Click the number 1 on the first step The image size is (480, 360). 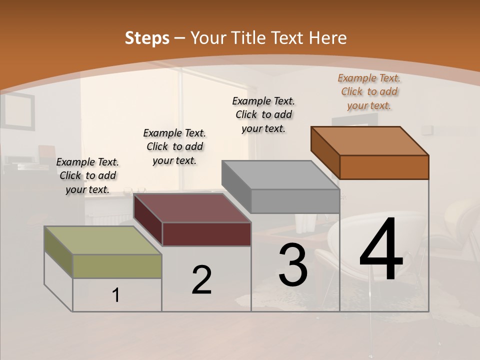click(116, 295)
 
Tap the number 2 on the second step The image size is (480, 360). click(201, 280)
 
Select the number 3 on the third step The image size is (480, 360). click(292, 264)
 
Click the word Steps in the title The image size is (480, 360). click(147, 38)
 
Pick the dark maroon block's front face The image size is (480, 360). click(206, 234)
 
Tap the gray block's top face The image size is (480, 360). click(280, 175)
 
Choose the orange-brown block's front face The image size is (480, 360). click(384, 167)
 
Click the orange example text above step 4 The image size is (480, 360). click(369, 91)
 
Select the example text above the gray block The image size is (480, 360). click(263, 114)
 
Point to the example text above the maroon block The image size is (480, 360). click(174, 146)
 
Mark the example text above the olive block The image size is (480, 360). click(87, 175)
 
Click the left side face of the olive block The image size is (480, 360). click(58, 252)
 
